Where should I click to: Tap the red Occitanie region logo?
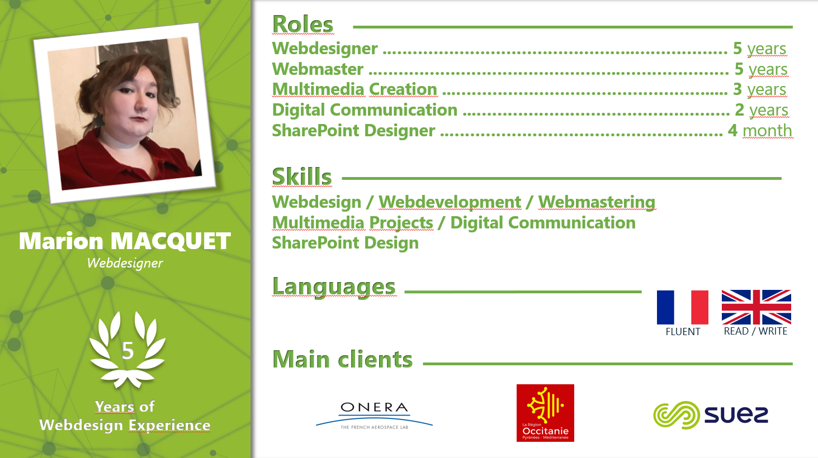pyautogui.click(x=545, y=413)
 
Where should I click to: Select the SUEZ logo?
pyautogui.click(x=711, y=415)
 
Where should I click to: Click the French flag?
pyautogui.click(x=683, y=307)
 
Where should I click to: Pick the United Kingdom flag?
pyautogui.click(x=756, y=307)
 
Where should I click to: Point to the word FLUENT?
pyautogui.click(x=683, y=332)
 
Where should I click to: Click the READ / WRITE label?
pyautogui.click(x=755, y=331)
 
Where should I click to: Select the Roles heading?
pyautogui.click(x=302, y=25)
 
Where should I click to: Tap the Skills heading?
pyautogui.click(x=302, y=176)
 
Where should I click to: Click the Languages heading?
pyautogui.click(x=334, y=287)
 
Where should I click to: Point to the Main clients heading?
pyautogui.click(x=343, y=359)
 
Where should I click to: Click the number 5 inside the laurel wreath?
pyautogui.click(x=127, y=351)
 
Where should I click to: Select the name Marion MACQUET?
pyautogui.click(x=125, y=241)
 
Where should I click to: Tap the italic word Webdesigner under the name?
pyautogui.click(x=125, y=263)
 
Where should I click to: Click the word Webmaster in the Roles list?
pyautogui.click(x=318, y=69)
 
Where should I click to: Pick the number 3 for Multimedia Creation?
pyautogui.click(x=737, y=89)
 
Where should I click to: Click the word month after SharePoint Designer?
pyautogui.click(x=767, y=131)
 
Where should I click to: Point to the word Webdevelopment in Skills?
pyautogui.click(x=450, y=202)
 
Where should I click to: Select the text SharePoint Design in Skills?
pyautogui.click(x=346, y=243)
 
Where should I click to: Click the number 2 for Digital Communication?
pyautogui.click(x=740, y=110)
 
